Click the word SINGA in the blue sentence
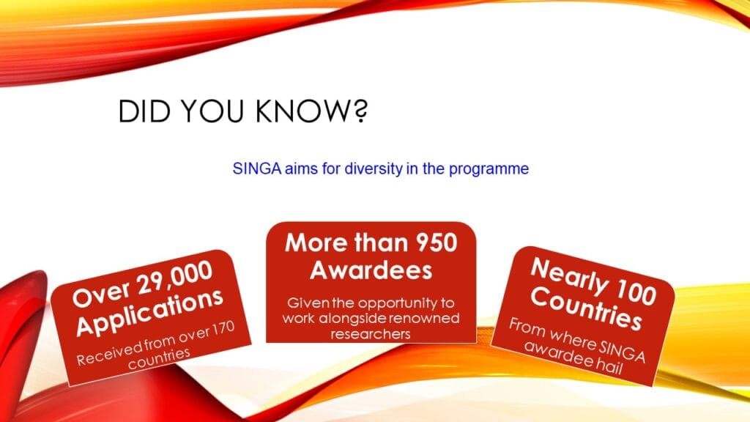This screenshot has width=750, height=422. point(257,169)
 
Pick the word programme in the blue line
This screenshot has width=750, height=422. point(489,170)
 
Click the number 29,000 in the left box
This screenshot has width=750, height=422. point(174,278)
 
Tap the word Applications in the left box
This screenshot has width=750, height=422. point(149,312)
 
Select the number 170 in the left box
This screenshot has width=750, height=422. point(220,330)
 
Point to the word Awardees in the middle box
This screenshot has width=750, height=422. point(371,270)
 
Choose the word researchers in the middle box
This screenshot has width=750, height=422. point(371,334)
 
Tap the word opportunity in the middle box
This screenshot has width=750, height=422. point(400,304)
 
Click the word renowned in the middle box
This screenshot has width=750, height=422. point(424,318)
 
